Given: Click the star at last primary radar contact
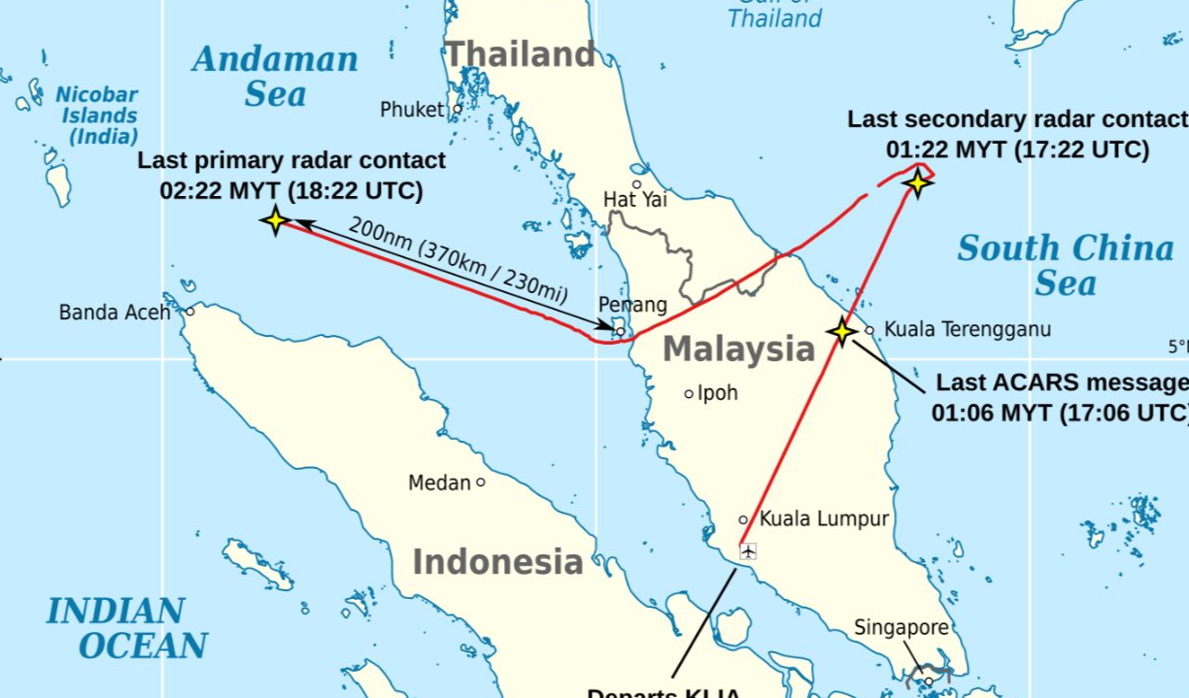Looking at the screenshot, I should (x=276, y=220).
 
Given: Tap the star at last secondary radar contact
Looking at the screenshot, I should (x=917, y=183).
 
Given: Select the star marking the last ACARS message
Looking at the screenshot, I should (x=841, y=331).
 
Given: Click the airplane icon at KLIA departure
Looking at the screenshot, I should (x=748, y=551).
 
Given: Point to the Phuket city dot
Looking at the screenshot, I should (x=458, y=109).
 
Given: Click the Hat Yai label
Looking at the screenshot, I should (x=634, y=199).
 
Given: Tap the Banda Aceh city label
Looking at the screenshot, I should (x=115, y=313).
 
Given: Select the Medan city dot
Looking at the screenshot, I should (x=480, y=482).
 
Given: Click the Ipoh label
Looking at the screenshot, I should (x=718, y=393).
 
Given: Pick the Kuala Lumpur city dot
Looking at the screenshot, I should (x=743, y=519).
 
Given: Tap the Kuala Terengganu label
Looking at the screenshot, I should (x=968, y=329).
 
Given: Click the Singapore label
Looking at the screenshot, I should (x=900, y=628).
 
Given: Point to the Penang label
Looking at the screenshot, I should (x=632, y=305).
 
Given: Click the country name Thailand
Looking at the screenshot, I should (x=520, y=54).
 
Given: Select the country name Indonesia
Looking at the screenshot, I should (x=497, y=561).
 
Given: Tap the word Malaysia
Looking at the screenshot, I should (x=738, y=349).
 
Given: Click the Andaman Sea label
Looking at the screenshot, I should (x=275, y=76).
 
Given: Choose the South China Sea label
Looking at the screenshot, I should (x=1065, y=265).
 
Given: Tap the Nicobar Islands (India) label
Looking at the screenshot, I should (x=97, y=116).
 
